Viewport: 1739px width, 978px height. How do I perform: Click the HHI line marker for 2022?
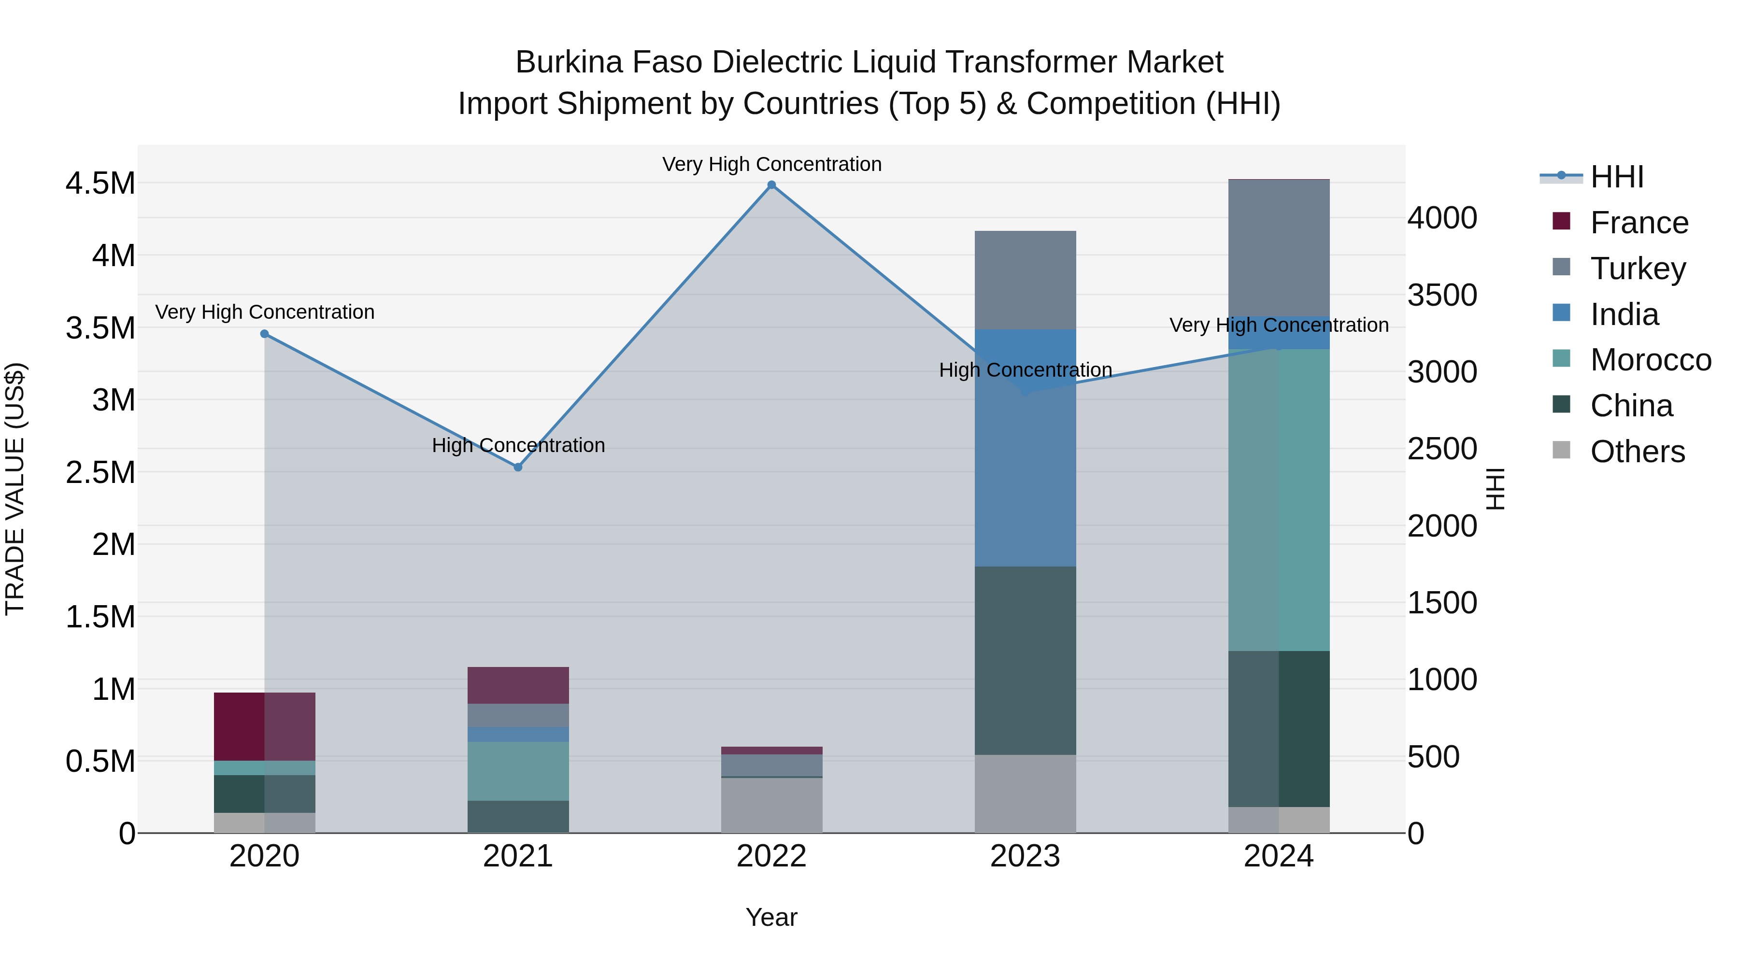point(771,185)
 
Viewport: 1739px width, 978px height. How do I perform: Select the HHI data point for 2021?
point(518,467)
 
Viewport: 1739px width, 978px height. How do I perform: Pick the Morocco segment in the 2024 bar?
point(1279,499)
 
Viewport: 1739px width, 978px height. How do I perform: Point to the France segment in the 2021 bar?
point(518,685)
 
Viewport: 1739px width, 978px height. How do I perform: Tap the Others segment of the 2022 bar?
point(771,805)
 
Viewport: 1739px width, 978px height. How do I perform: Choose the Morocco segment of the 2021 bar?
point(518,771)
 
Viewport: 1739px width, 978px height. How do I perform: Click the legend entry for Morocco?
point(1650,360)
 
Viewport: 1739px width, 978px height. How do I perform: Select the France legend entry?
point(1639,223)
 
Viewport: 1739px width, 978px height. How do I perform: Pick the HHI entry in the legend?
point(1616,177)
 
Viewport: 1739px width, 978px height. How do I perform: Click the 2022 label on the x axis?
point(771,856)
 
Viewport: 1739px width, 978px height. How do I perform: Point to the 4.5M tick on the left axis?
point(100,184)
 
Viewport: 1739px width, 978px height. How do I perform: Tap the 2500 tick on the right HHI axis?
point(1442,449)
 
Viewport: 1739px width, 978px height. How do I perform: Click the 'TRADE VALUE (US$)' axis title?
point(15,489)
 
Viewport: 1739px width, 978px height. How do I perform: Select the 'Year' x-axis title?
point(771,917)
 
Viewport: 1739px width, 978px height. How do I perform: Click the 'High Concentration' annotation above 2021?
point(518,445)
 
